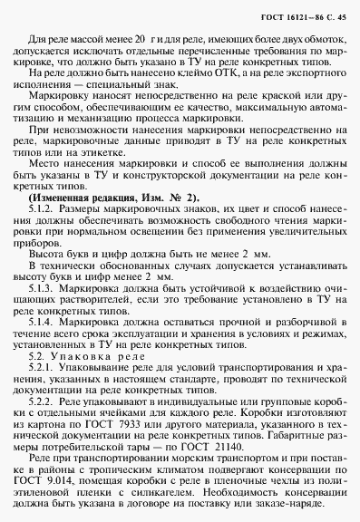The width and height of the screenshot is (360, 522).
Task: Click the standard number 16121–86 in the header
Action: [x=290, y=11]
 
